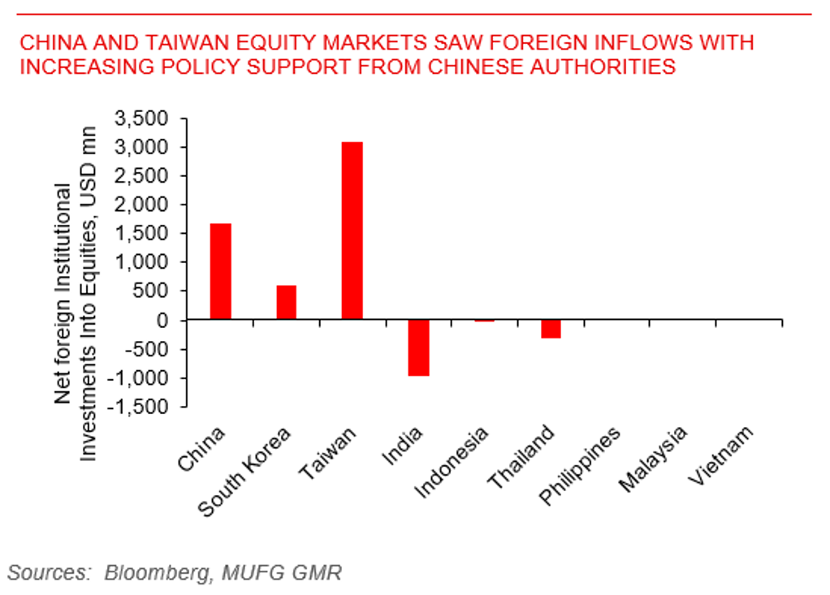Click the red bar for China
(220, 271)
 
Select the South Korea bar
(286, 303)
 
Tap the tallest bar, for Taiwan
(352, 231)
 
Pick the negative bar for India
(418, 348)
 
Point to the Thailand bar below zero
(551, 329)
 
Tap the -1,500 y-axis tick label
(140, 407)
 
